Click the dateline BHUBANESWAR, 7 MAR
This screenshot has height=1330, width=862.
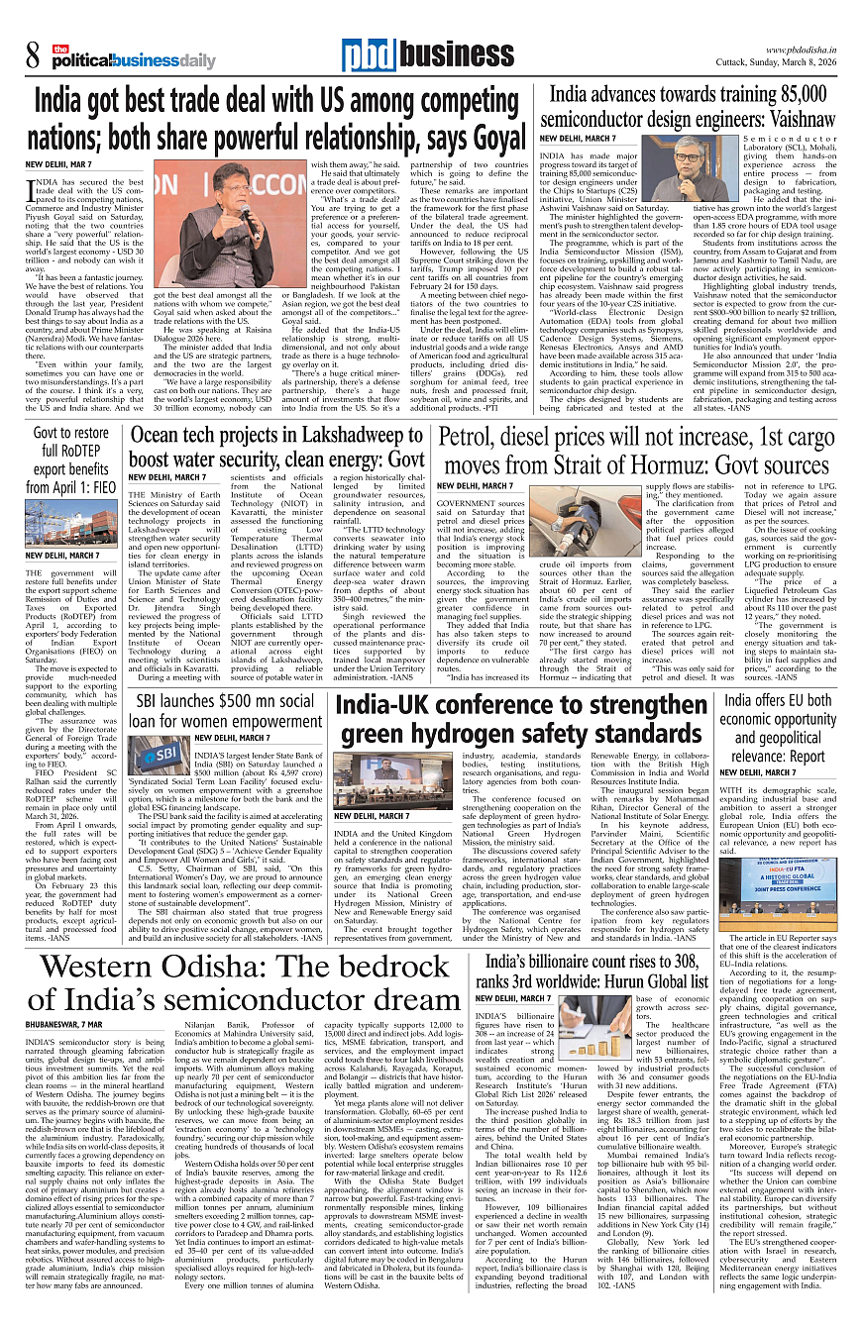(65, 1023)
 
